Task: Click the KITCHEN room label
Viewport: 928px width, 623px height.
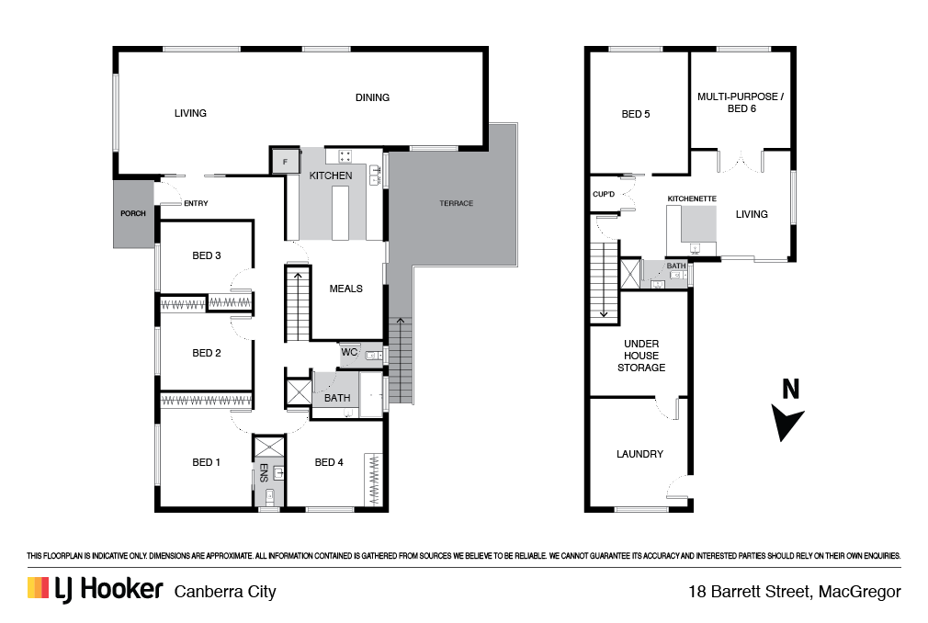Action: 330,176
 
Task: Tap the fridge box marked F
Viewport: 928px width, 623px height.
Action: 285,161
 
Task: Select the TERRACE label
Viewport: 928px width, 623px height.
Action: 457,203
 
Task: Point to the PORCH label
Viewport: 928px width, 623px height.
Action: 133,213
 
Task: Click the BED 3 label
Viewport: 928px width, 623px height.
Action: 207,255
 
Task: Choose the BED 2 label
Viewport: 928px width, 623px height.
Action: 207,353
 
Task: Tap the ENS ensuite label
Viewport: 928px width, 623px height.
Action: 264,472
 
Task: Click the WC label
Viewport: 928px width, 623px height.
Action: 349,352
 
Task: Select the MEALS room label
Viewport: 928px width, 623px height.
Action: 346,289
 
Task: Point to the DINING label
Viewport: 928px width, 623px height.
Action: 372,97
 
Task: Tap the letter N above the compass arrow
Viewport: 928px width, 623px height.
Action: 791,390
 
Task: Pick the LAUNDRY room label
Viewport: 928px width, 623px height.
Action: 639,454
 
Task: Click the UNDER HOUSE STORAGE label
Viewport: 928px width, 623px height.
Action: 641,356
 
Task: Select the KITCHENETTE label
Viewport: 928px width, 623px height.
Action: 692,198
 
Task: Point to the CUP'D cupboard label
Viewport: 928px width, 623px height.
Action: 604,194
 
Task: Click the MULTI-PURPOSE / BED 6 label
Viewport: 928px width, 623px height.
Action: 741,102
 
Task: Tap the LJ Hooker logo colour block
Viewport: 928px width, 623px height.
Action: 38,587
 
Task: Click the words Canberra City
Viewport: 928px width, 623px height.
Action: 225,592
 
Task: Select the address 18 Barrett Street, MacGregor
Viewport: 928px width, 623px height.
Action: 795,592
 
